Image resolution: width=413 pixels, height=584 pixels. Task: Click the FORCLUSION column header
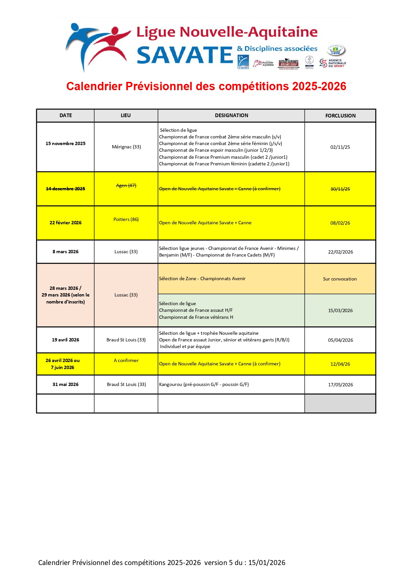pos(340,116)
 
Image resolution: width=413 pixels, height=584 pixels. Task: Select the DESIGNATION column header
pos(231,115)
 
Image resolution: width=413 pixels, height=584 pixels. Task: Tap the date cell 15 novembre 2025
pos(66,144)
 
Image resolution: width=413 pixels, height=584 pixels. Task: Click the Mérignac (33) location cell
pos(126,147)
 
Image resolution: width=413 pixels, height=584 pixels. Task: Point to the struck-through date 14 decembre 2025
pos(66,189)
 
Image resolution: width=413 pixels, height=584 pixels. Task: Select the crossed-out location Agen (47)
pos(126,185)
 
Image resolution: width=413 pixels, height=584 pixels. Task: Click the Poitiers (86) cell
pos(126,219)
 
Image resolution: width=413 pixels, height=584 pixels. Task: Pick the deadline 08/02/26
pos(340,223)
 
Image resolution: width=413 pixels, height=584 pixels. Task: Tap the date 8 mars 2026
pos(66,252)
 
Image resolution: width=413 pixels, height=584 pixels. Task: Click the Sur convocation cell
pos(340,279)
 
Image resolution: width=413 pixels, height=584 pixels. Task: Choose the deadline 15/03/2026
pos(340,310)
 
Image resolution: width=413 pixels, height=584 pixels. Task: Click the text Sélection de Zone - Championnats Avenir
pos(202,279)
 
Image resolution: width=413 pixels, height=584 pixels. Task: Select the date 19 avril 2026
pos(66,340)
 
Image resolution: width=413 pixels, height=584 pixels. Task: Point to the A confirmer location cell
pos(126,360)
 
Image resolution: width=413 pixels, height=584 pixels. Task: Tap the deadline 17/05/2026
pos(340,385)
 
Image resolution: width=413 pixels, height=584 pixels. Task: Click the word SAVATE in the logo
pos(185,55)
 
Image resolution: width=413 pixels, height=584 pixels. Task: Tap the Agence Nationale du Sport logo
pos(332,63)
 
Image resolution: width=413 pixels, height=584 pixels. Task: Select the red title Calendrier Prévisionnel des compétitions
pos(206,86)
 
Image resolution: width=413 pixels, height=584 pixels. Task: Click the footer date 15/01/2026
pos(267,562)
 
